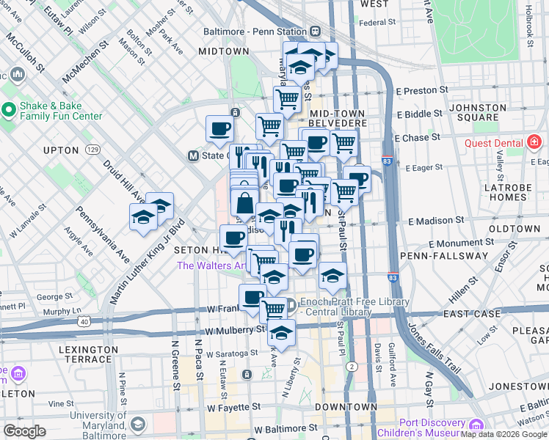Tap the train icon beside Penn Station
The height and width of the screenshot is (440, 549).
coord(315,32)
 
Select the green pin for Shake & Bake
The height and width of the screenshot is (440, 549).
coord(9,110)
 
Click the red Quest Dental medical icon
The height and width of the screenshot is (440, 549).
coord(534,142)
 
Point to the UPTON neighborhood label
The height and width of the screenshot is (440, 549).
coord(61,150)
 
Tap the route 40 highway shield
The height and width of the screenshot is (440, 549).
coord(86,320)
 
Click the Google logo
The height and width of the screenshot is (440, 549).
coord(24,431)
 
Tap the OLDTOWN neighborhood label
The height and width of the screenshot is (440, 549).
coord(514,230)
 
